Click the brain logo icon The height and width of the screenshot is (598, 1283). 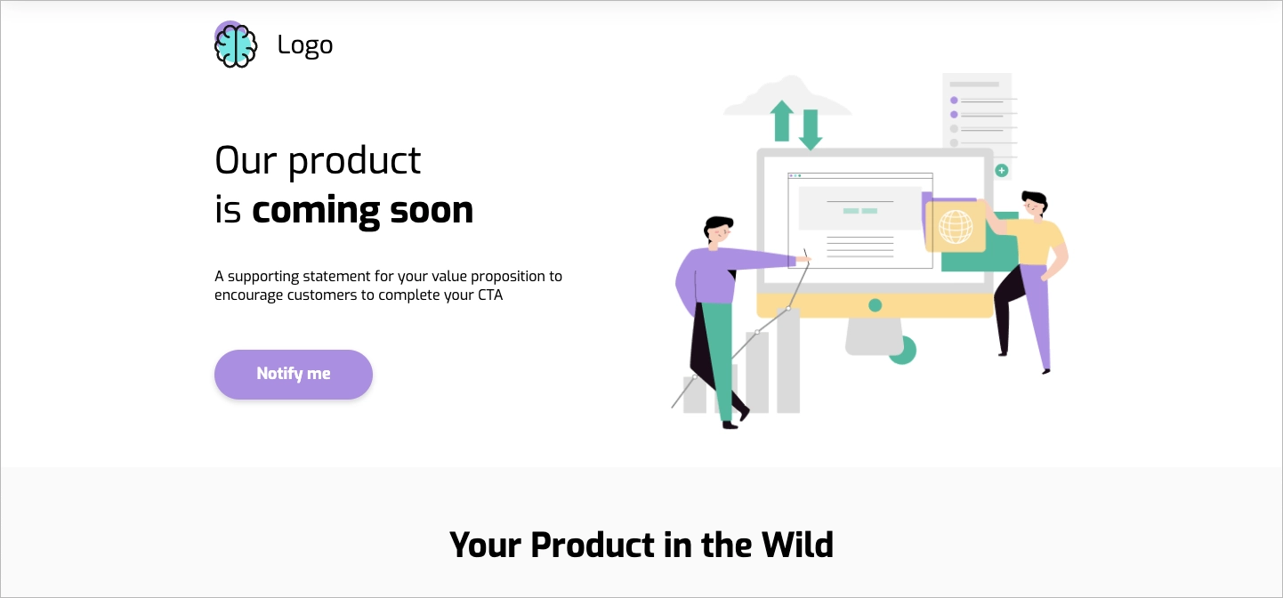tap(236, 45)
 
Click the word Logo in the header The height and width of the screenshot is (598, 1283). tap(304, 44)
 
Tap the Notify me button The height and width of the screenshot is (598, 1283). tap(294, 374)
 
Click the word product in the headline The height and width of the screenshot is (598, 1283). tap(355, 161)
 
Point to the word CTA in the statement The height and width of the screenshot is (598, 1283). tap(488, 295)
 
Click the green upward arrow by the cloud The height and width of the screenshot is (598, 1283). tap(782, 121)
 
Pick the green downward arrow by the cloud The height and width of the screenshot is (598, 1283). tap(810, 130)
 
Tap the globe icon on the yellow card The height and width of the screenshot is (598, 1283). tap(956, 226)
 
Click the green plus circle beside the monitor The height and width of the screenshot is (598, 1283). tap(1002, 170)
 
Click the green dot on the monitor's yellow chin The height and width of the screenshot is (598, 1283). tap(875, 305)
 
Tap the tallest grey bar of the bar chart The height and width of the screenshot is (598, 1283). tap(787, 360)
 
